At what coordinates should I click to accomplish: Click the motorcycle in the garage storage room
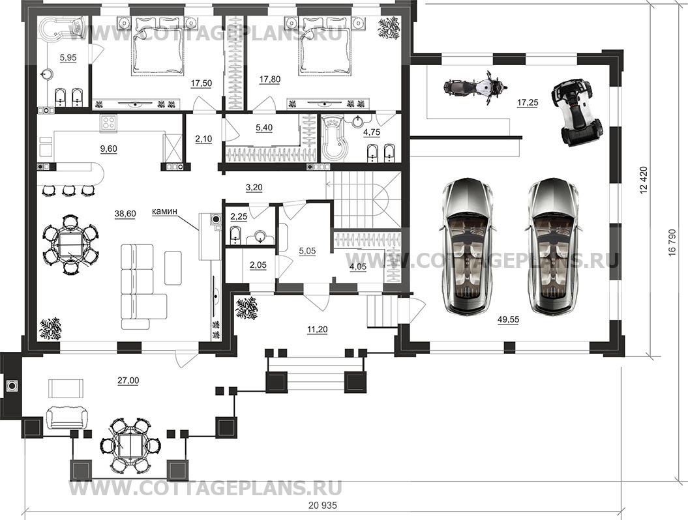tap(475, 88)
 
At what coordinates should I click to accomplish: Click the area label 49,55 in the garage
tap(508, 320)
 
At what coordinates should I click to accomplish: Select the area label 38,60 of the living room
tap(125, 214)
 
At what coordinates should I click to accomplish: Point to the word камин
tap(164, 211)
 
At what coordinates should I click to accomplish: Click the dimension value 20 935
tap(323, 506)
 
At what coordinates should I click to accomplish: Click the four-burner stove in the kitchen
tap(109, 123)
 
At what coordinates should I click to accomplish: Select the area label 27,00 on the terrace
tap(128, 381)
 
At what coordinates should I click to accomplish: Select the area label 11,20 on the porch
tap(318, 329)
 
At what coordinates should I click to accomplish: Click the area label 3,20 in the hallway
tap(254, 187)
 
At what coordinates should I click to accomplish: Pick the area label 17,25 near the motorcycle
tap(528, 102)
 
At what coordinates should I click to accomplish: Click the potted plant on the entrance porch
tap(247, 309)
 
